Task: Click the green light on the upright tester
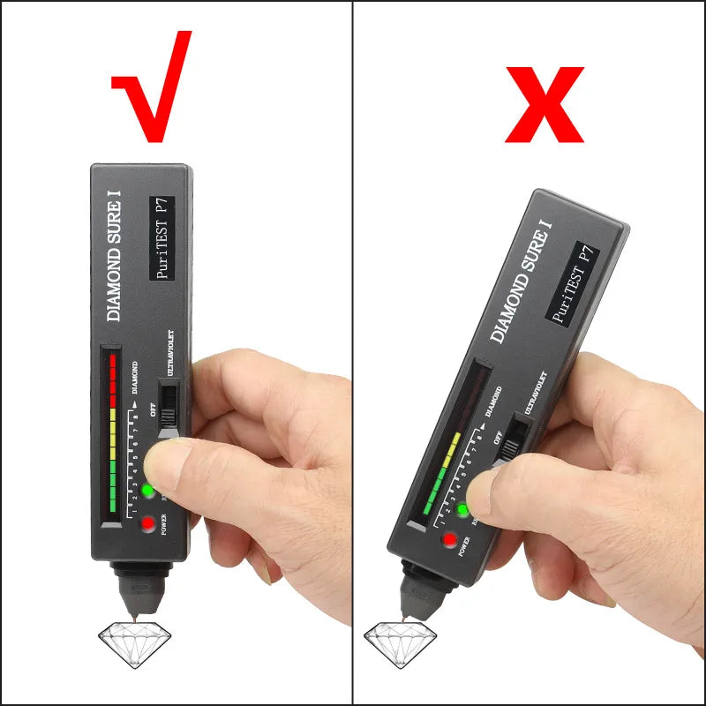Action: pos(147,491)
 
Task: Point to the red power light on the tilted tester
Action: pos(449,540)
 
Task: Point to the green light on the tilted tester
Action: pos(462,509)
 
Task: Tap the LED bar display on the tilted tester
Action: pos(450,441)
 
